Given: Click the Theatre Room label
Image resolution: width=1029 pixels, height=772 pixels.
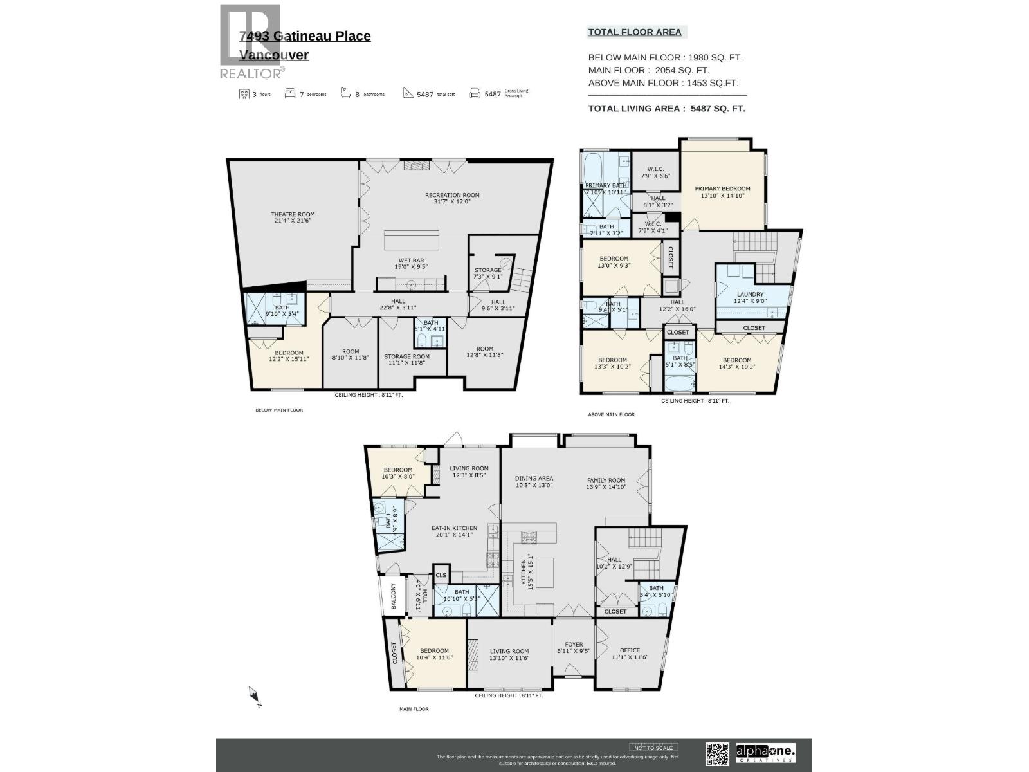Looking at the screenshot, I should pyautogui.click(x=293, y=214).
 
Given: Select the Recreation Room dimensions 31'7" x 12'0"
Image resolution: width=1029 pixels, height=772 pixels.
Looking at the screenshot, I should pyautogui.click(x=452, y=201).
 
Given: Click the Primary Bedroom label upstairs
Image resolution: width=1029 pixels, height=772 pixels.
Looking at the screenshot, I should pyautogui.click(x=722, y=188).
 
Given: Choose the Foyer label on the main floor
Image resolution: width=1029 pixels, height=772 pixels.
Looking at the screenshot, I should pyautogui.click(x=574, y=644).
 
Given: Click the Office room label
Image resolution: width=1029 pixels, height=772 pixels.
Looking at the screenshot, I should pyautogui.click(x=630, y=650).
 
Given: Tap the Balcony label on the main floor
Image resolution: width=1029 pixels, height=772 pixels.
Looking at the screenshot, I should pyautogui.click(x=392, y=597).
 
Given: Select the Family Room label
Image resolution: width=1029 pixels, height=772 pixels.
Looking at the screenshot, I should pyautogui.click(x=606, y=480).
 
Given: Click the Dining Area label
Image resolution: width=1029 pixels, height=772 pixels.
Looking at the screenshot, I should pyautogui.click(x=534, y=478).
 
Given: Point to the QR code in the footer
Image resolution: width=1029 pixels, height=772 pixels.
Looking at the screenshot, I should pyautogui.click(x=717, y=753).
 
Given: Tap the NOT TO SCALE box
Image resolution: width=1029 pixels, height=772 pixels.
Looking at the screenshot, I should pyautogui.click(x=653, y=748).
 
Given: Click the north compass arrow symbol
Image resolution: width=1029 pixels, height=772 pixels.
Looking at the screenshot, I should pyautogui.click(x=254, y=695).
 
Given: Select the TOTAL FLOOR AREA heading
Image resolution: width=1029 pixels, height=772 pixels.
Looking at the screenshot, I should pyautogui.click(x=635, y=32).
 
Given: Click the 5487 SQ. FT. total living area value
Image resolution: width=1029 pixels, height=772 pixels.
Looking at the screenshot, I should pyautogui.click(x=718, y=109).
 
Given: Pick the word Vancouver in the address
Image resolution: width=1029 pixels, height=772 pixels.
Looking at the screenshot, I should pyautogui.click(x=274, y=55).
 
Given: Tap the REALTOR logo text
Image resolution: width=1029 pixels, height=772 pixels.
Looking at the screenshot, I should pyautogui.click(x=251, y=73).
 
